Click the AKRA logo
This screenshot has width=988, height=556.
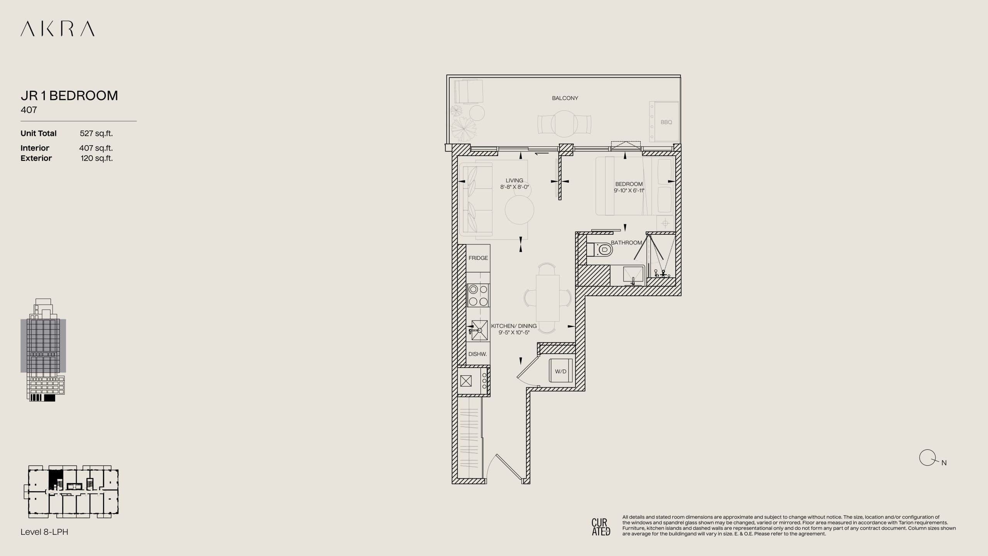[58, 29]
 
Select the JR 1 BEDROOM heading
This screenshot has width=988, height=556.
[69, 95]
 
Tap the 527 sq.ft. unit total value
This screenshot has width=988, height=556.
[96, 133]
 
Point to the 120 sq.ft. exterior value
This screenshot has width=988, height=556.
[96, 158]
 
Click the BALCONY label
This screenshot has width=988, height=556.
[565, 98]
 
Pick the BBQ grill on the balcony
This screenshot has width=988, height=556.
[664, 122]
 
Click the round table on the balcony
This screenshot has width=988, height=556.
[564, 124]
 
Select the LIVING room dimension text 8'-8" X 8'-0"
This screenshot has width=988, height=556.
[514, 187]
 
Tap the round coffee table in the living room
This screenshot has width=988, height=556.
[519, 210]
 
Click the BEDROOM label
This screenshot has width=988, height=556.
[629, 184]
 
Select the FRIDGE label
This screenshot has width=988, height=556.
[478, 258]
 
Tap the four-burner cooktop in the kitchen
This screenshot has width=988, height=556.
[478, 295]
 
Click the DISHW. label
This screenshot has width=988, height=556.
[477, 354]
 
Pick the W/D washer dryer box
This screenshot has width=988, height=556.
[561, 371]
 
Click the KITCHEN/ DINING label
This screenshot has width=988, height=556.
[514, 326]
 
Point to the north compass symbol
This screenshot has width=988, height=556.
[927, 458]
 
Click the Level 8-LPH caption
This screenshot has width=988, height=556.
[44, 532]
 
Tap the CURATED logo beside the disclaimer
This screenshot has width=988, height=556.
[601, 527]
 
